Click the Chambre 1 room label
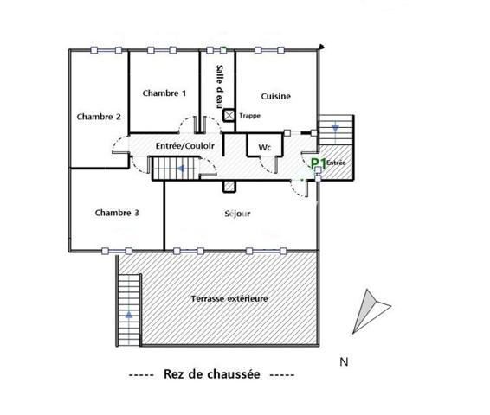(x=164, y=93)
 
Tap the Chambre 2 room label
(x=99, y=117)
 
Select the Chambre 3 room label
(x=117, y=212)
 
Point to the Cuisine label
(x=274, y=97)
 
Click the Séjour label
(x=236, y=214)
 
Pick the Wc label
(x=265, y=148)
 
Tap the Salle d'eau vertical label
(x=220, y=85)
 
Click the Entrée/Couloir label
(x=184, y=146)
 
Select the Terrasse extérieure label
(x=229, y=298)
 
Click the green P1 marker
(x=318, y=162)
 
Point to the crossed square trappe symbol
(x=229, y=115)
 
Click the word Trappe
(x=249, y=115)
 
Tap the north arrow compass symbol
(x=368, y=309)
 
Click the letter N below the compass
(x=344, y=361)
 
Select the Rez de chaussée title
(x=210, y=374)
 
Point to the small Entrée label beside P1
(x=336, y=162)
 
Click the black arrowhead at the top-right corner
(x=324, y=45)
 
